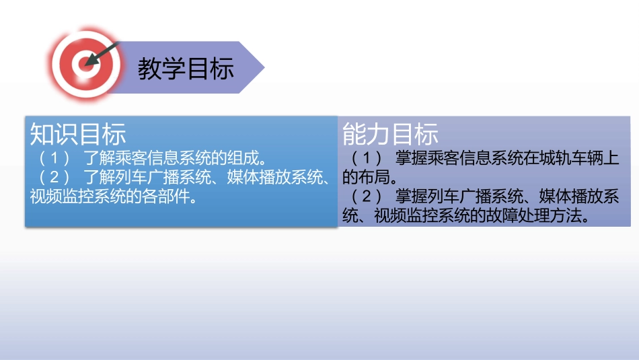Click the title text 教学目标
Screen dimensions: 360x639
186,68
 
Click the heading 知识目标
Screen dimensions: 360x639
78,134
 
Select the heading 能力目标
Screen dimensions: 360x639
390,134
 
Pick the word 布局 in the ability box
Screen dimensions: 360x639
371,178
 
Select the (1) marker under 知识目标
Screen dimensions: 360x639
53,160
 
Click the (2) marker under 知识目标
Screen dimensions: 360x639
53,179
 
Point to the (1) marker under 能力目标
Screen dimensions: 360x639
367,159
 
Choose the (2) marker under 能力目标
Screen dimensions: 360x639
367,196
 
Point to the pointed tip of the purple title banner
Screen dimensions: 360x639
263,67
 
